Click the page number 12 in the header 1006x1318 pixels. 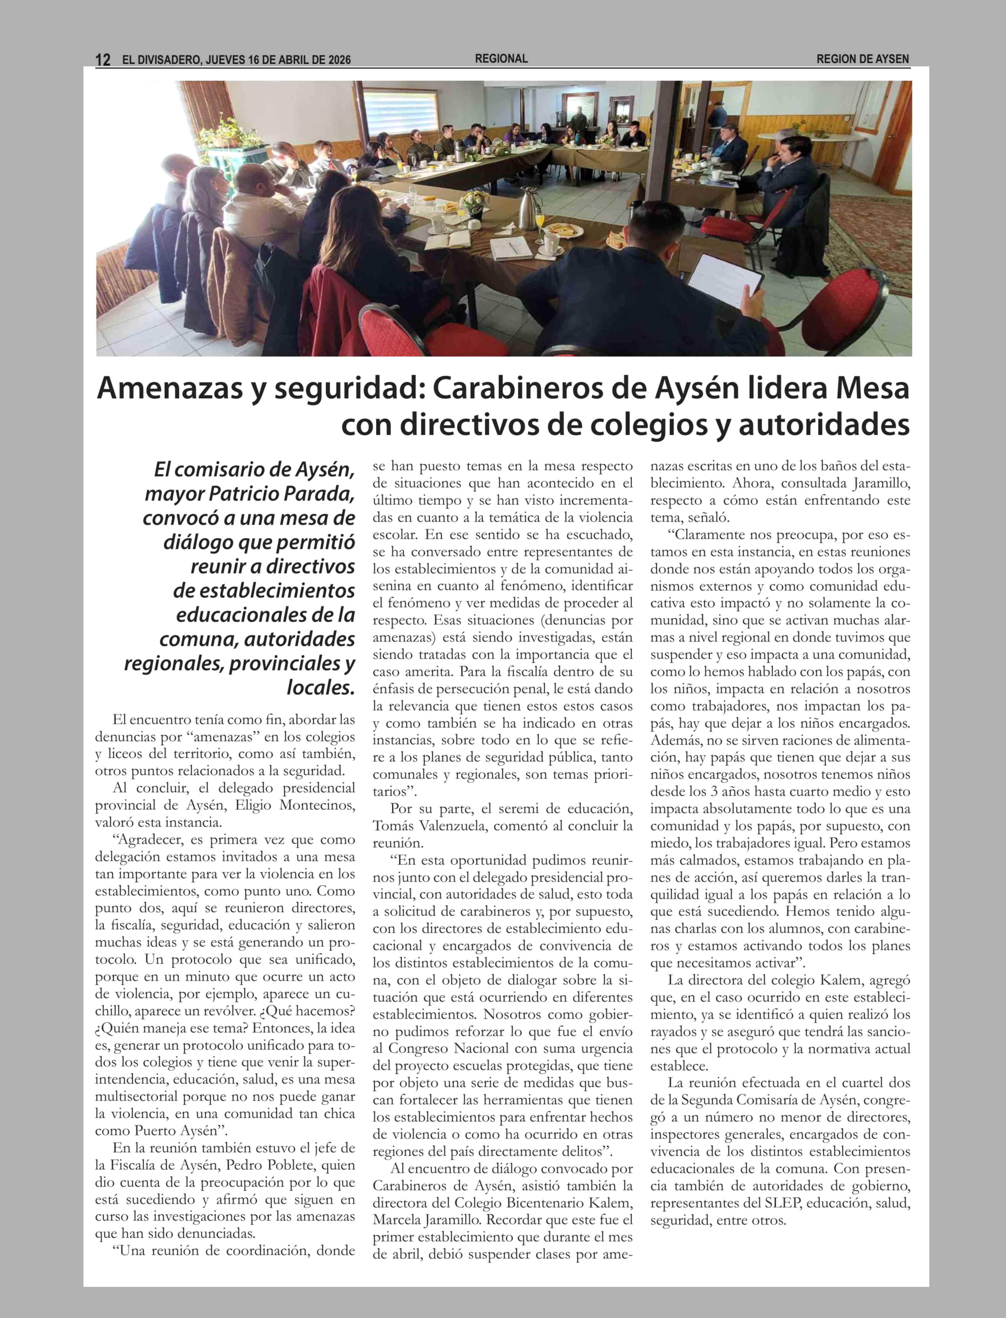103,59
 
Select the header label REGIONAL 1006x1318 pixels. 501,59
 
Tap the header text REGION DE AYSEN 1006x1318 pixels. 862,59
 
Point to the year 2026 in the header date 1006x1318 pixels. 339,59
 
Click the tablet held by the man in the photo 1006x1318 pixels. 732,278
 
